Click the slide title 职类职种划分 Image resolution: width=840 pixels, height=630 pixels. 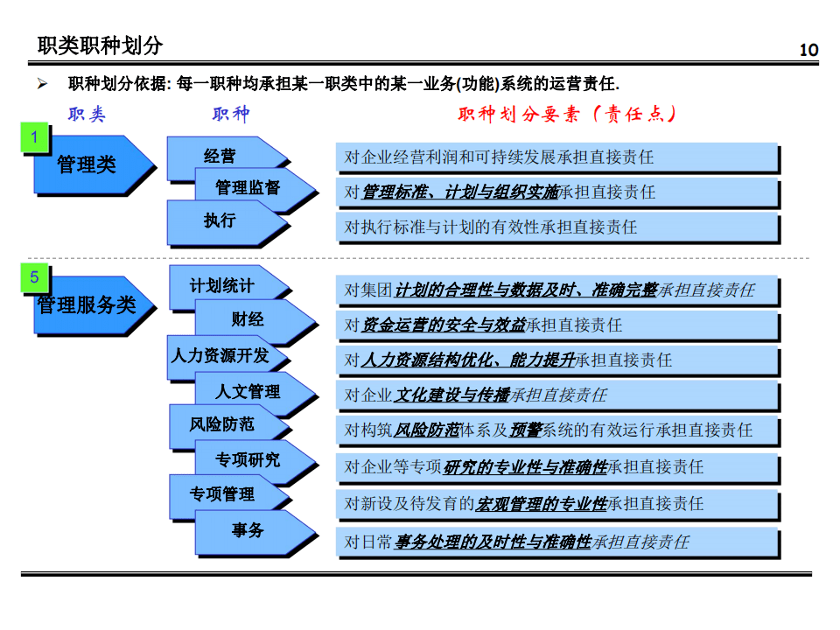pos(100,45)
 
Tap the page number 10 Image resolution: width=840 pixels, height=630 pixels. pos(808,50)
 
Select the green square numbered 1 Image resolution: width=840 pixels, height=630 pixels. pos(35,137)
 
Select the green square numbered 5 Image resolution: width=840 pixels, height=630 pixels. pos(35,277)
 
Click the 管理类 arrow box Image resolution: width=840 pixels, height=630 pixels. pos(94,164)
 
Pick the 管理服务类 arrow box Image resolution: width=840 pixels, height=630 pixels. pos(94,305)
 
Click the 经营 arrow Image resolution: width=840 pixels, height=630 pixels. pos(227,157)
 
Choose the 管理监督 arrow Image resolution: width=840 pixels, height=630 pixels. pos(255,189)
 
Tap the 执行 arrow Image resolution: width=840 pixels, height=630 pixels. pos(227,221)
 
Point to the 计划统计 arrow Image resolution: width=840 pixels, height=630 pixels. pos(229,287)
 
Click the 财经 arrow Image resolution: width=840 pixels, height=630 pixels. pos(255,320)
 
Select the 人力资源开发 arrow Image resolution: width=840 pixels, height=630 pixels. pos(227,357)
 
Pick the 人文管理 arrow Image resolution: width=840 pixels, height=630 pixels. pos(255,392)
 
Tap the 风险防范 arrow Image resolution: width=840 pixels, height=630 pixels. pos(229,425)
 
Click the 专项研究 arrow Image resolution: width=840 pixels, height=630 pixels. pos(255,461)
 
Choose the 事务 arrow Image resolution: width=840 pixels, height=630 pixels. pos(255,531)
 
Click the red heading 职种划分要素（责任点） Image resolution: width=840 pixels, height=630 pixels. pos(567,114)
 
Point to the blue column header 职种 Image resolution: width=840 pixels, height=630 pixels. pos(231,114)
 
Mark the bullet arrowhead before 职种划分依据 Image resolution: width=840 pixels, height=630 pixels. pos(42,84)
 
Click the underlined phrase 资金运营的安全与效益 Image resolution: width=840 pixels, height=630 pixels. pos(443,325)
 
